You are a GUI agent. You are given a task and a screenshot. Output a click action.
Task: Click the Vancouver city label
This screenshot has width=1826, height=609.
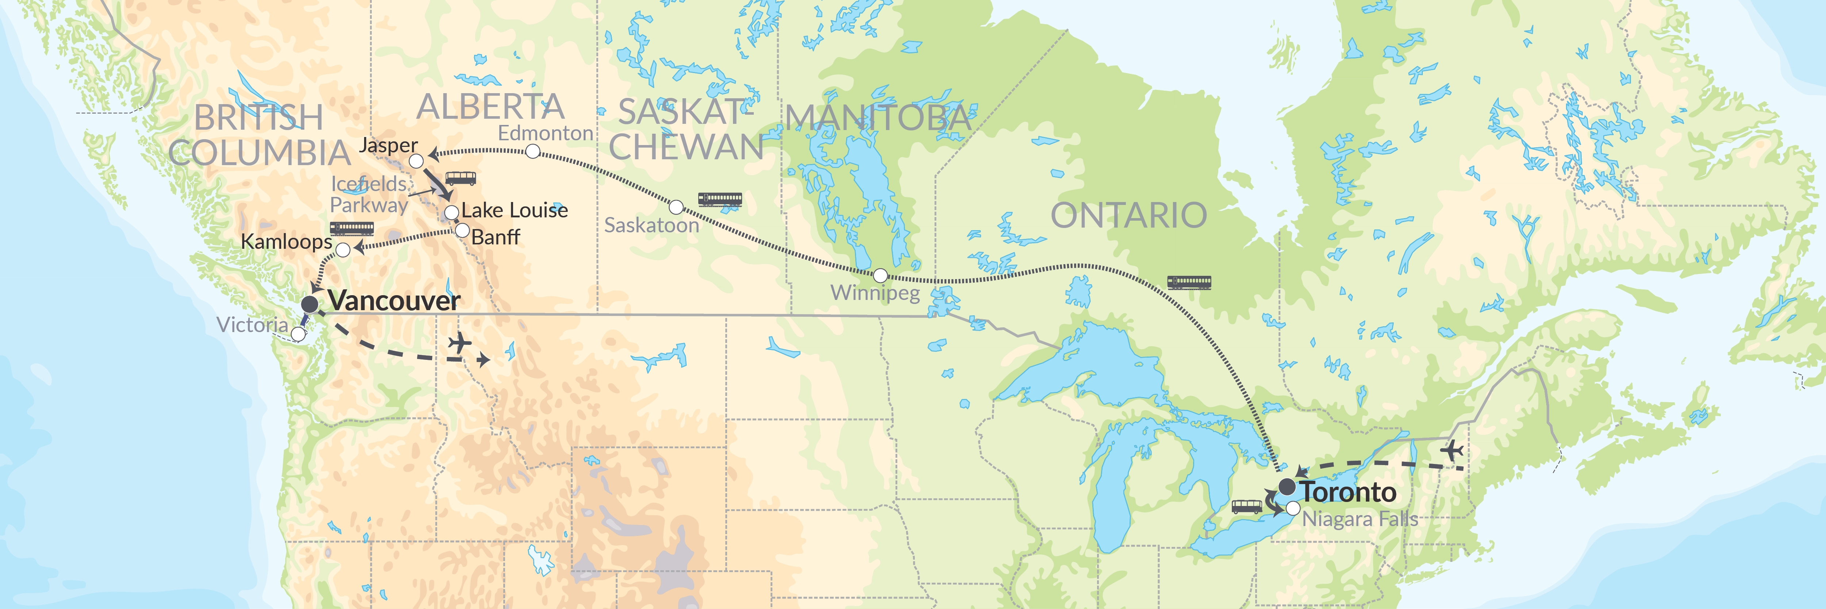394,301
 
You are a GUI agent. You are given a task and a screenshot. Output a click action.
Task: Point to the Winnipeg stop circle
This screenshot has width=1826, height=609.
880,275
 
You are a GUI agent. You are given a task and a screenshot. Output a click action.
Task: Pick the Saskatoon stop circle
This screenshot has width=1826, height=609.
676,207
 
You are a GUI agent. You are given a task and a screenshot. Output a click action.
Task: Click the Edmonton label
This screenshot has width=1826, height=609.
545,133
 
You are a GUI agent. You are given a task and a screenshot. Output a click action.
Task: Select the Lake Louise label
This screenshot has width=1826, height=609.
515,210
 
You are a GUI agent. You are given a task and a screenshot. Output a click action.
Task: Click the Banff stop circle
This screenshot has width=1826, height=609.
462,231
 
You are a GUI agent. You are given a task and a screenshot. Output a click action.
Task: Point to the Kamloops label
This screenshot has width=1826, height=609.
286,242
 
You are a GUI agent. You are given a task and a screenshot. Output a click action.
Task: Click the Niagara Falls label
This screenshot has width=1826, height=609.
1360,519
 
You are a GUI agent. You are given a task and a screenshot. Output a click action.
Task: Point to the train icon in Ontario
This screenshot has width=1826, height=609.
1189,283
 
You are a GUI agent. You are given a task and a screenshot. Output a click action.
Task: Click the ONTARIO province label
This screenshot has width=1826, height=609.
1128,216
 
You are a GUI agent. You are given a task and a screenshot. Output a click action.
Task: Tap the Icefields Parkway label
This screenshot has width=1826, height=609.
369,194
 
